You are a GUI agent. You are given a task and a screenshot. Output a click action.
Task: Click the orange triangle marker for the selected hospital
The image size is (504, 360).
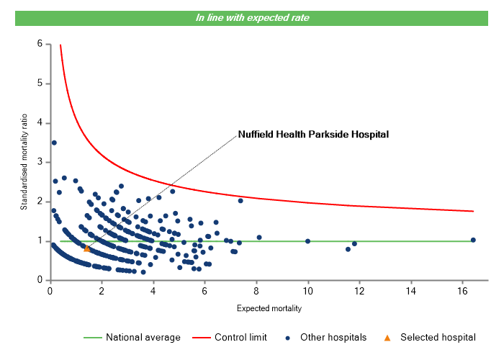87,248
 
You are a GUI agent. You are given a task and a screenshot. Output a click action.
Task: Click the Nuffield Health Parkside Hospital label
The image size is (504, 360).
313,134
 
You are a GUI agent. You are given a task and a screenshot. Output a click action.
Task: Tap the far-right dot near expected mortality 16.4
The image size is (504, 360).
473,240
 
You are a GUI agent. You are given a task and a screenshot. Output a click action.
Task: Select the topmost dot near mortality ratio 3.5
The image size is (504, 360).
54,143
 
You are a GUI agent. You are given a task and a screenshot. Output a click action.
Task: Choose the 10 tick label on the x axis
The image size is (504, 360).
308,290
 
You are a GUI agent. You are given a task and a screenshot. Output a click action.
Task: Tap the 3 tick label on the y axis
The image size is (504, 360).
40,162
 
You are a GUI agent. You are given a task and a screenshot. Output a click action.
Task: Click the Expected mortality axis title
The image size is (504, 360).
269,309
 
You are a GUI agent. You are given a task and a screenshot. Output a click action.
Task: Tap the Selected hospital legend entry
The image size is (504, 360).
431,337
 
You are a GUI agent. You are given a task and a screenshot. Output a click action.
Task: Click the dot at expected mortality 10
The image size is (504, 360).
308,240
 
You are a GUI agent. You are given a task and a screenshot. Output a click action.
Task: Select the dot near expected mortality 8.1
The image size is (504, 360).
259,237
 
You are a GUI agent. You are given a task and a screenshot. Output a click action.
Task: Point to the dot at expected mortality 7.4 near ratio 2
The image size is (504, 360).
240,200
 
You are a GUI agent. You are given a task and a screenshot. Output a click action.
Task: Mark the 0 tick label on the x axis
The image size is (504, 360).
50,290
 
